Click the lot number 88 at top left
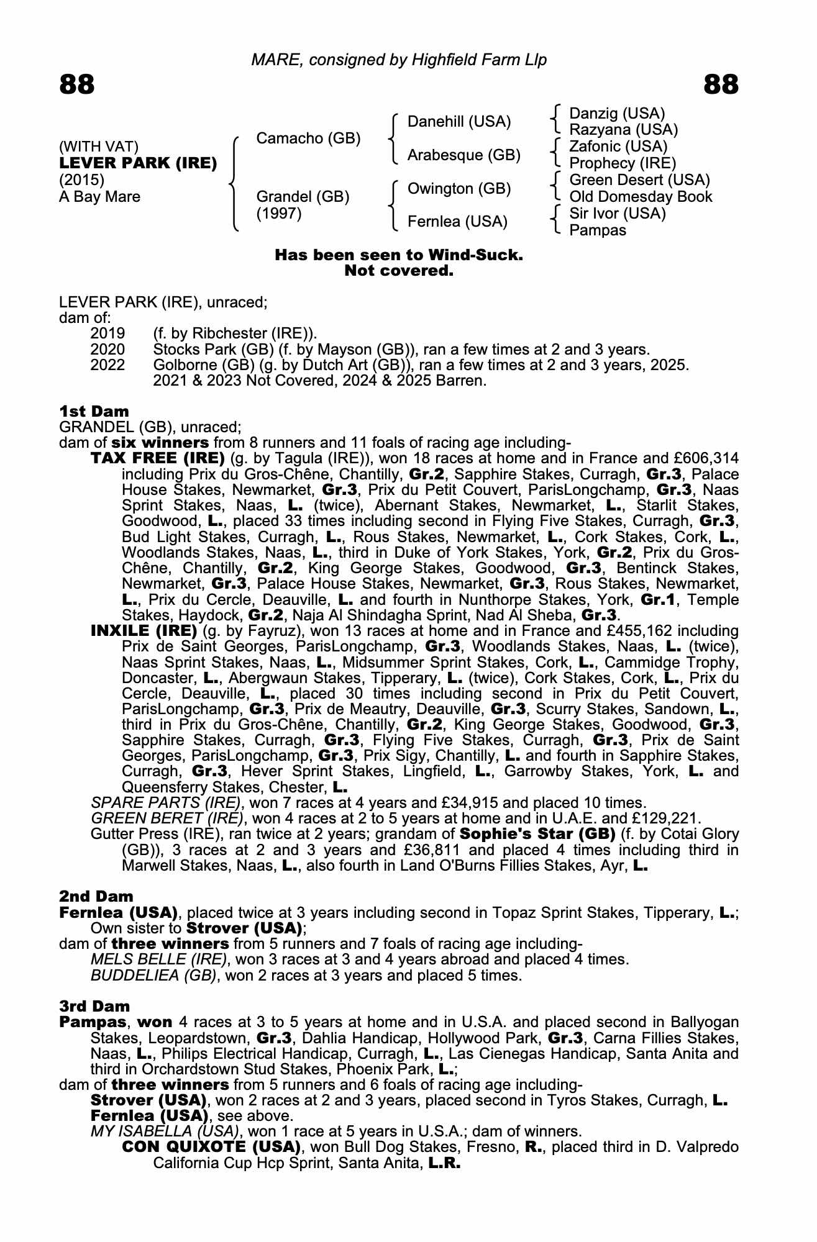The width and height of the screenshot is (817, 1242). tap(77, 84)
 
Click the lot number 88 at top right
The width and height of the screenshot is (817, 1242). tap(721, 84)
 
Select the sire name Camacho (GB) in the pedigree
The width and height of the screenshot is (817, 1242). tap(308, 138)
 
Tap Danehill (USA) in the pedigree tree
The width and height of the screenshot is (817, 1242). tap(459, 122)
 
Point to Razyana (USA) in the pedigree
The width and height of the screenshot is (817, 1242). tap(623, 130)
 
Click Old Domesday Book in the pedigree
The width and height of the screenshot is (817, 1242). tap(641, 197)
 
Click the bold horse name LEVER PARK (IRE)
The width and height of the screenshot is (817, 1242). tap(138, 163)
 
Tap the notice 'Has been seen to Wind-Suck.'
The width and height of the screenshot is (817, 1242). tap(399, 255)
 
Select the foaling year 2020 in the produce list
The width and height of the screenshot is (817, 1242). tap(107, 349)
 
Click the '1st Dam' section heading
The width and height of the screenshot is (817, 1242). tap(94, 411)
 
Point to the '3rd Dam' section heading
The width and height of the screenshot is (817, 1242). tap(95, 1006)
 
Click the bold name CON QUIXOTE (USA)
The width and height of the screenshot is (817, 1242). tap(211, 1146)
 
